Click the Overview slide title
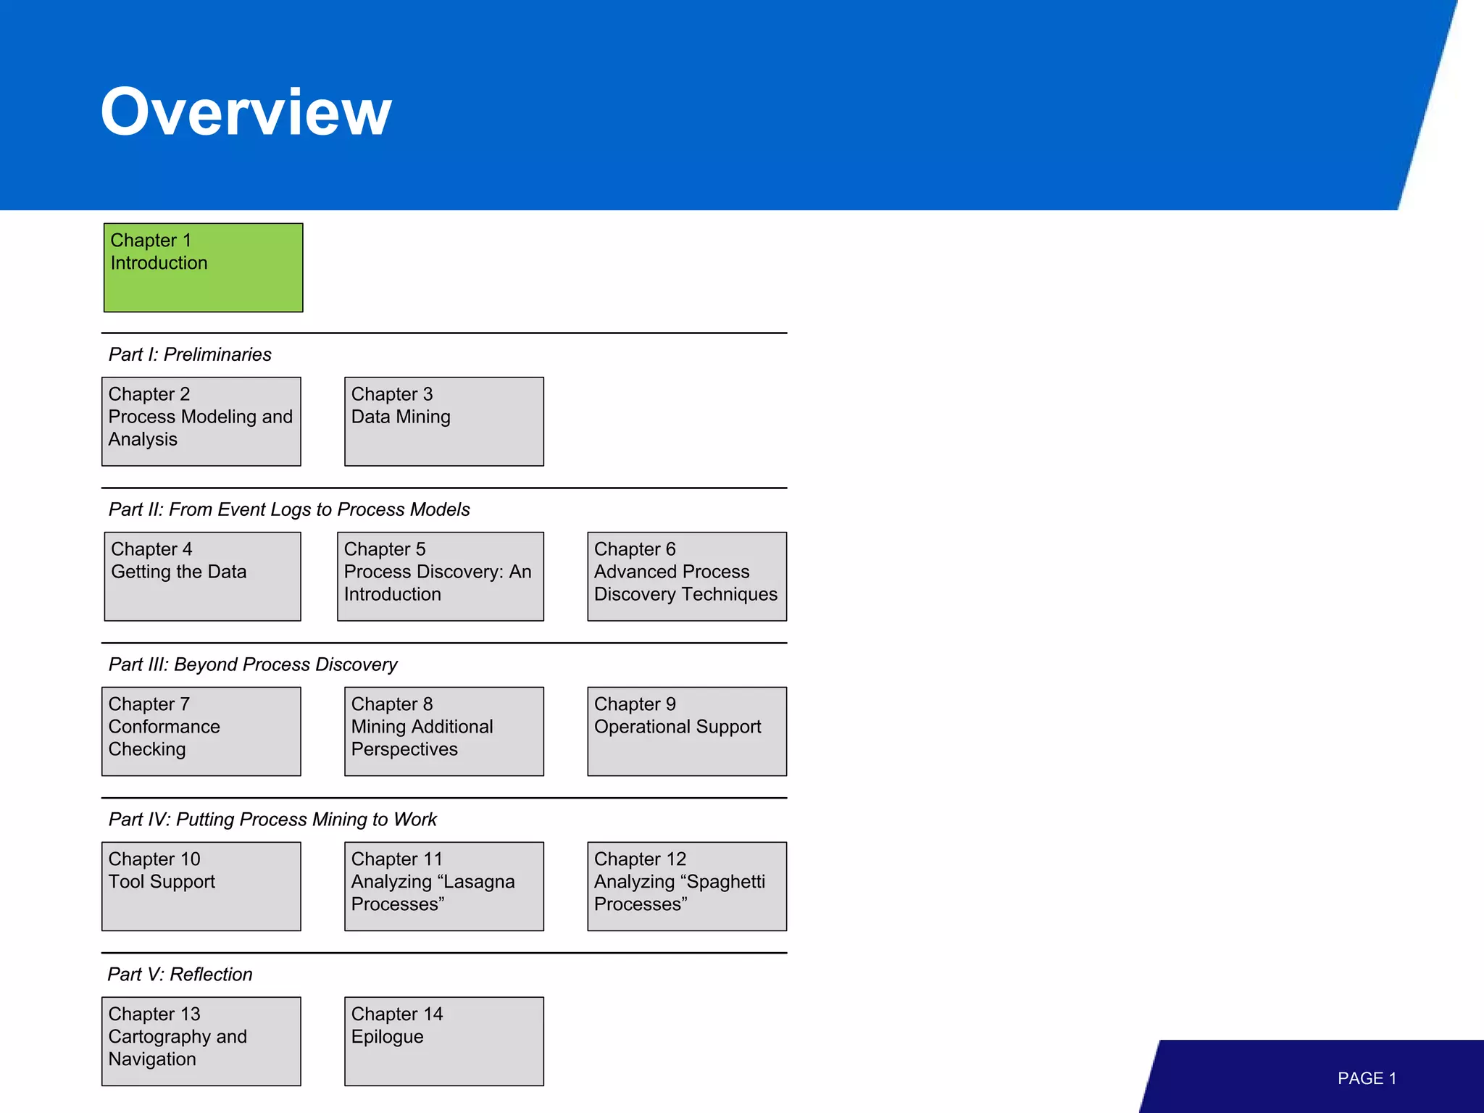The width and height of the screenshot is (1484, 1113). click(246, 112)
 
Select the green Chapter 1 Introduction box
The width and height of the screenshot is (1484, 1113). click(203, 267)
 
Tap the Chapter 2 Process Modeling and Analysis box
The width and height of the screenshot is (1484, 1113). click(201, 421)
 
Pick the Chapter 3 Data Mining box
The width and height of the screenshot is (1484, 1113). click(443, 421)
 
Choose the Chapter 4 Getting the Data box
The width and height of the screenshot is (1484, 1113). click(202, 576)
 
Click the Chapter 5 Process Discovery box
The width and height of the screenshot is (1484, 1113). click(440, 576)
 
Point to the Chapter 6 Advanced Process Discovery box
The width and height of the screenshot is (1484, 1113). click(686, 576)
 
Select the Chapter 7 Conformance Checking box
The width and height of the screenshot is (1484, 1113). click(201, 731)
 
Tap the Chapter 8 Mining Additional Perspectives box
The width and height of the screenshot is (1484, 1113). click(443, 731)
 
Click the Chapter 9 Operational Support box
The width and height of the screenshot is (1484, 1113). click(686, 731)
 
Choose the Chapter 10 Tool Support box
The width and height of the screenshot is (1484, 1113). click(201, 885)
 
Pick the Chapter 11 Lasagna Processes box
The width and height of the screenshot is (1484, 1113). click(443, 885)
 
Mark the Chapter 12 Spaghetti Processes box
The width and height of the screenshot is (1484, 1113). click(686, 885)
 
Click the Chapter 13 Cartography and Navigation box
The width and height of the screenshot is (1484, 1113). click(201, 1041)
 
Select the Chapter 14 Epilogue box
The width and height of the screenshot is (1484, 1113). click(443, 1041)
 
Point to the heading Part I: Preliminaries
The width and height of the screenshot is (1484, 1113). click(190, 354)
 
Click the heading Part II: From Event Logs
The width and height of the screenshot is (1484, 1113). click(289, 509)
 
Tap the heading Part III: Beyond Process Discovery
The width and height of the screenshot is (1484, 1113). click(253, 664)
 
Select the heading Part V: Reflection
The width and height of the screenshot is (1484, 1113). click(180, 974)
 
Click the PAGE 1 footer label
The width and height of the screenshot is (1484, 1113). click(1367, 1078)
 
